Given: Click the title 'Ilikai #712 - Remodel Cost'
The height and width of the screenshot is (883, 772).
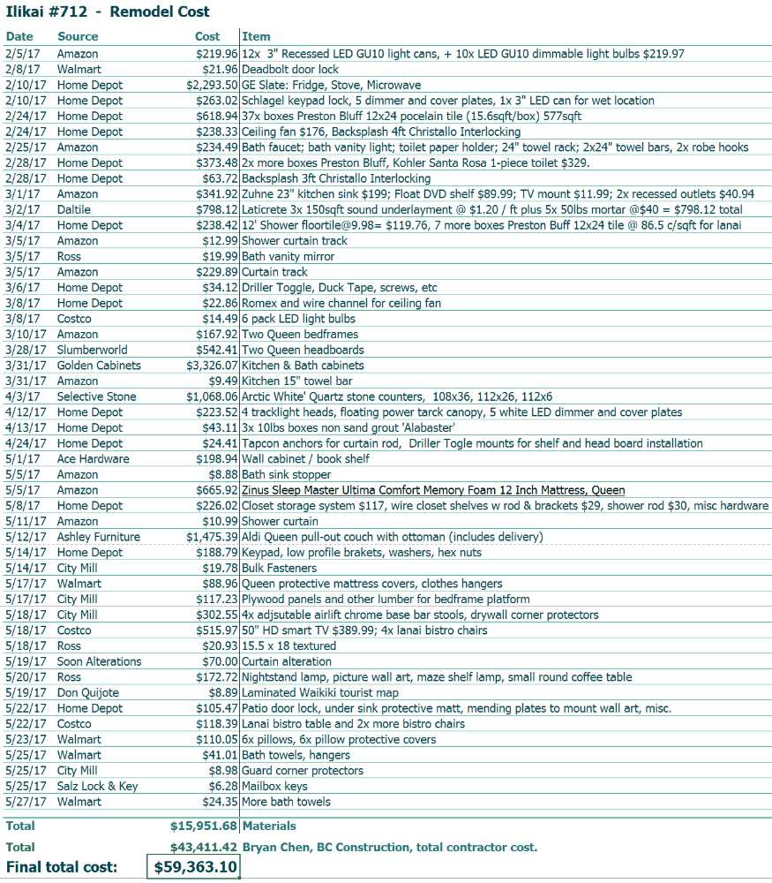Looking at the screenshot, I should [x=108, y=12].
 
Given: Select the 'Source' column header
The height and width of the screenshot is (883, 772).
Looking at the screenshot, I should [x=78, y=36].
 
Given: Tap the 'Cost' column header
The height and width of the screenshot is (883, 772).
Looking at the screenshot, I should [x=207, y=36].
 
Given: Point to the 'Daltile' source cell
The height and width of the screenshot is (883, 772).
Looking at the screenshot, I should [x=75, y=210].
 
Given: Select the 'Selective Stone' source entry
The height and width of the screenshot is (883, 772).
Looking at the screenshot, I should [x=97, y=396].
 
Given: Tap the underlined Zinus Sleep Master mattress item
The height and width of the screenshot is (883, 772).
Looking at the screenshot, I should [x=433, y=490].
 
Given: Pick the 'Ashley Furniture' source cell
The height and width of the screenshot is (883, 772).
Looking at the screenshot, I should [x=99, y=537].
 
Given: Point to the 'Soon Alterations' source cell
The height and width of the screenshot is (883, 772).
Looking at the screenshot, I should [x=99, y=661].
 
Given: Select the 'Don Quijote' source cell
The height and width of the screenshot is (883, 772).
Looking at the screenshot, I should [x=88, y=693].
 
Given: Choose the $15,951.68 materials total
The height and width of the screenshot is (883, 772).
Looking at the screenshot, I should [x=204, y=826].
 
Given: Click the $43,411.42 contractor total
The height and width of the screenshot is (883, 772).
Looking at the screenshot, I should [x=204, y=848].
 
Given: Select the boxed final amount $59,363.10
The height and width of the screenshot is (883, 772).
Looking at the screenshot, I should [x=193, y=867].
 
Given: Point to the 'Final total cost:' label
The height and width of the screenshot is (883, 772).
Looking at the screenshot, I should [x=62, y=867].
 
